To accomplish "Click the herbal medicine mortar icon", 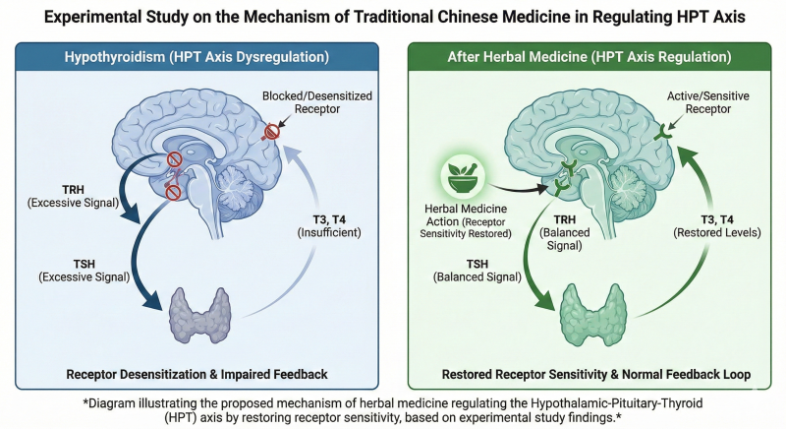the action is tap(462, 177).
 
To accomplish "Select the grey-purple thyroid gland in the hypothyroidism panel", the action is tap(200, 314).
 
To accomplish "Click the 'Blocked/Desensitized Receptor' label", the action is tap(316, 102).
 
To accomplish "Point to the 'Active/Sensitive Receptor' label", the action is tap(707, 102).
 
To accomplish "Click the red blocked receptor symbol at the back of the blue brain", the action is tap(271, 132).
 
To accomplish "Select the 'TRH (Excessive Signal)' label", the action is tap(73, 196).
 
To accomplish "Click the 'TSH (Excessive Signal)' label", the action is tap(84, 271).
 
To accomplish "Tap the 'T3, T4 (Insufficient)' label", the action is tap(329, 226).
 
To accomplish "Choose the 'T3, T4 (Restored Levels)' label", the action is tap(717, 226).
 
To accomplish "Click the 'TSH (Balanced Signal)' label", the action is tap(477, 271).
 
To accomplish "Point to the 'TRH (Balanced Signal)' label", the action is tap(564, 233).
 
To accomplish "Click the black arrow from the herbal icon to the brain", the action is tap(518, 188).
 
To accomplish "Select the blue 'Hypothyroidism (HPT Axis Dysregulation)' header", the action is tap(197, 56).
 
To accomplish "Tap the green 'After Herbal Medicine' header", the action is tap(589, 56).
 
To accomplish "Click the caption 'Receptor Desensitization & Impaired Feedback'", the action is tap(197, 374).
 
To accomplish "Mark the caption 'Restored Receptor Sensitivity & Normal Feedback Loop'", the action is tap(596, 374).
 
